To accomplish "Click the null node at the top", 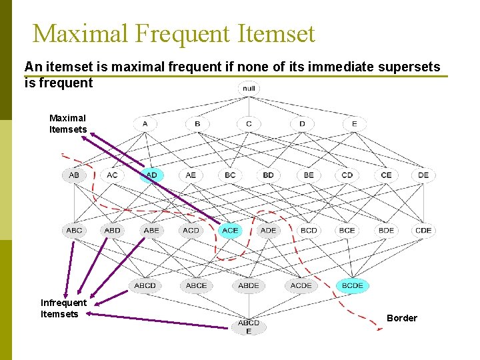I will tap(249, 89).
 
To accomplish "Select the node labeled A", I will tap(145, 124).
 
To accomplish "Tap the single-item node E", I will tap(354, 124).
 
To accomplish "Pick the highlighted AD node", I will tap(151, 175).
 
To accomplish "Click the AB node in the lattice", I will tap(73, 175).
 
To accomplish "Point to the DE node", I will tap(424, 175).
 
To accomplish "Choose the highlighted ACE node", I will tap(230, 231).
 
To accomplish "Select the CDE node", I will tap(423, 231).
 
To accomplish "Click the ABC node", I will tap(74, 231).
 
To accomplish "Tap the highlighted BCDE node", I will tap(352, 285).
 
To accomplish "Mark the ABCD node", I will tap(145, 285).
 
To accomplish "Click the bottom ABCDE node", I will tap(249, 327).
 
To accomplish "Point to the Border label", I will tap(402, 318).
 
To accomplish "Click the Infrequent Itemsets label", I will tap(63, 309).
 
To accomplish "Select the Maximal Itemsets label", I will tap(67, 124).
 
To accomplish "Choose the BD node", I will tap(268, 175).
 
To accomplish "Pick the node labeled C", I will tap(249, 124).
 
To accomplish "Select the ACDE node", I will tap(301, 285).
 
